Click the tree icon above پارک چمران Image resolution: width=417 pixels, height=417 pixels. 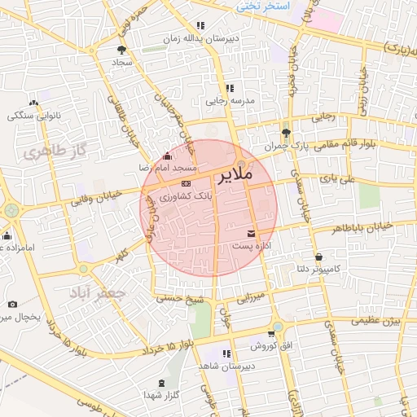pyautogui.click(x=285, y=133)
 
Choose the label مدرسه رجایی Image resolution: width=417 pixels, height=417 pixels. pyautogui.click(x=227, y=101)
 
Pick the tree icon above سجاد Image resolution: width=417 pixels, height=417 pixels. pyautogui.click(x=122, y=49)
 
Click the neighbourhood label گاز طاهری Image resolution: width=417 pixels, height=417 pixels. pyautogui.click(x=55, y=152)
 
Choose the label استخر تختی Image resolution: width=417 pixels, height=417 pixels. pyautogui.click(x=264, y=6)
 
